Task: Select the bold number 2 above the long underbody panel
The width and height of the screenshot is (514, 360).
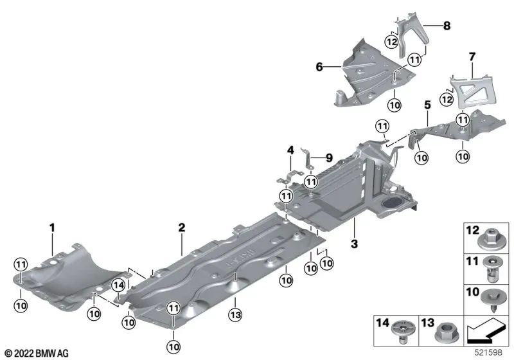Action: click(x=182, y=227)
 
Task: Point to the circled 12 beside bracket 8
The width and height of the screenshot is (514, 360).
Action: click(x=391, y=42)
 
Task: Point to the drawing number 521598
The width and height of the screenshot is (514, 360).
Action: click(x=495, y=353)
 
